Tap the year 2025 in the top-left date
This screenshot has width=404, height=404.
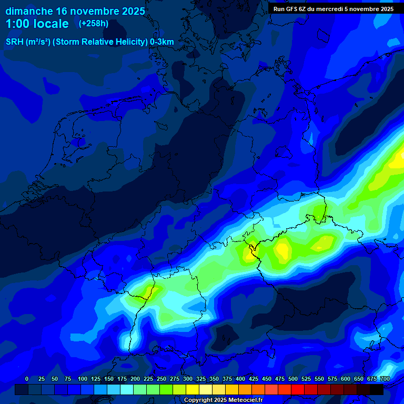128,11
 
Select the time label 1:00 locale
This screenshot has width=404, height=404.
37,24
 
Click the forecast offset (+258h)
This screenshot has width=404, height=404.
93,24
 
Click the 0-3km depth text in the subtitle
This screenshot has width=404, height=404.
161,42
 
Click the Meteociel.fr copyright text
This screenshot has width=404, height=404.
223,400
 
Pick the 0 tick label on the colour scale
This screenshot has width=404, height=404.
27,379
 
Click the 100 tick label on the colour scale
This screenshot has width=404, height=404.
82,379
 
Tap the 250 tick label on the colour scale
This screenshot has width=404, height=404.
161,379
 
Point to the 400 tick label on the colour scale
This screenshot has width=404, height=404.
240,379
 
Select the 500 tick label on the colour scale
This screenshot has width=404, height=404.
293,379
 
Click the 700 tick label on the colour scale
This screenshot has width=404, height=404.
385,379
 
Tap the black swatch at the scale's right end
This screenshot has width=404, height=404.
377,389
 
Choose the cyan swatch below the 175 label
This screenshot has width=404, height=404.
114,389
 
